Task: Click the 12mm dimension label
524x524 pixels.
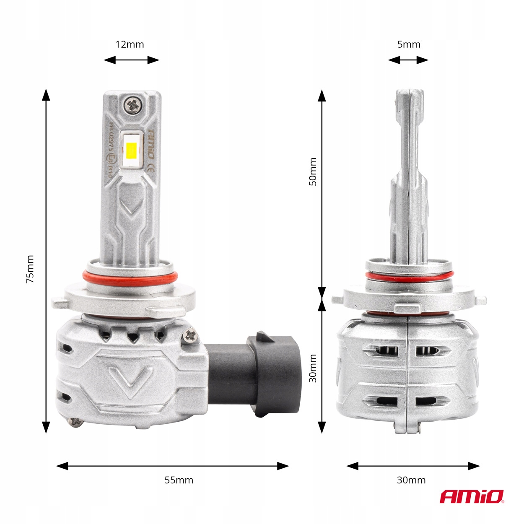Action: coord(130,44)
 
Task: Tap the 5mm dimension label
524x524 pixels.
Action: coord(408,44)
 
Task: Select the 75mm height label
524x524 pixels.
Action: coord(30,269)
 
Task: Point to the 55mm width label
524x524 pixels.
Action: coord(179,480)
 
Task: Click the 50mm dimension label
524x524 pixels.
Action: coord(313,172)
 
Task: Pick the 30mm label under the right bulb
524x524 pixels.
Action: coord(411,480)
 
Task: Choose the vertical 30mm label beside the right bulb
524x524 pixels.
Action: coord(313,368)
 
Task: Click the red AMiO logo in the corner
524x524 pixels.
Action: coord(472,497)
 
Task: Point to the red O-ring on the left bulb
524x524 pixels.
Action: coord(130,277)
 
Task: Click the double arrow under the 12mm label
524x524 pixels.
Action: coord(131,60)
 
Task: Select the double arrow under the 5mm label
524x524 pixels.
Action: coord(408,60)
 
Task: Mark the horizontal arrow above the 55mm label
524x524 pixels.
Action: coord(172,466)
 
